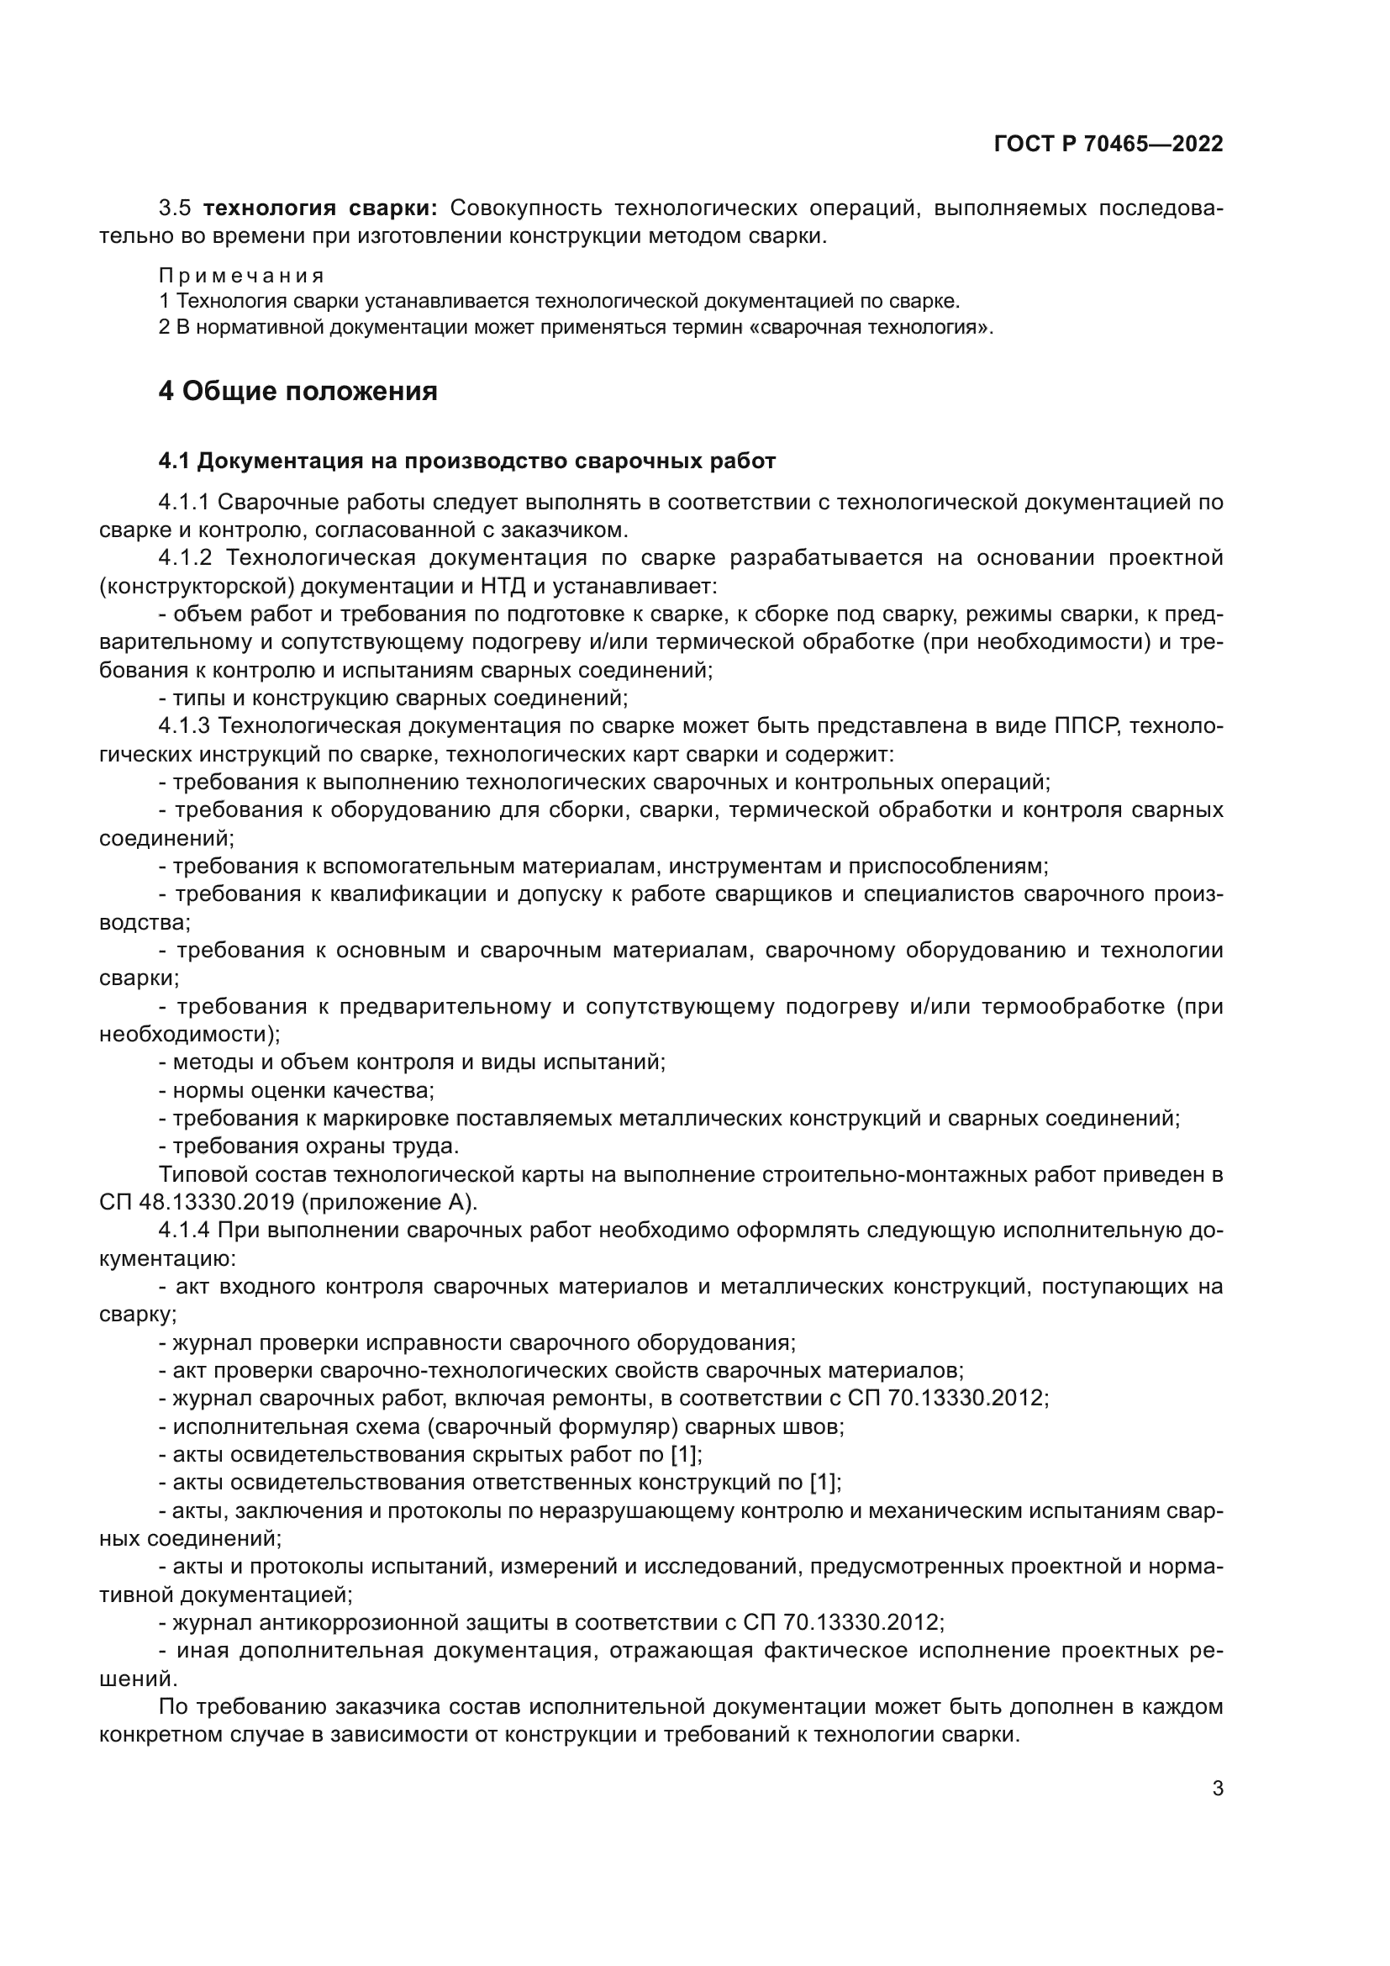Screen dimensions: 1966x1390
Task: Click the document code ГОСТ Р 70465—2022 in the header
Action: coord(1108,144)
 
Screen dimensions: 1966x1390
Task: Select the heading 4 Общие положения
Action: coord(297,392)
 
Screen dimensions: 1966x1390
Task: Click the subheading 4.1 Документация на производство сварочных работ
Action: coord(466,461)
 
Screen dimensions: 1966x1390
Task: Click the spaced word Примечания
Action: coord(241,276)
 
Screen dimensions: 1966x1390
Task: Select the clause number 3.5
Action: coord(176,208)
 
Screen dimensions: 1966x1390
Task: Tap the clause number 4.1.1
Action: coord(184,502)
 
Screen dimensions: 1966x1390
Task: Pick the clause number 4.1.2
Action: coord(185,558)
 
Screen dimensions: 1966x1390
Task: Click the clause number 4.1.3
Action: coord(184,726)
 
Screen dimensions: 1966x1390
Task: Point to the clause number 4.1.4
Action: coord(184,1231)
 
